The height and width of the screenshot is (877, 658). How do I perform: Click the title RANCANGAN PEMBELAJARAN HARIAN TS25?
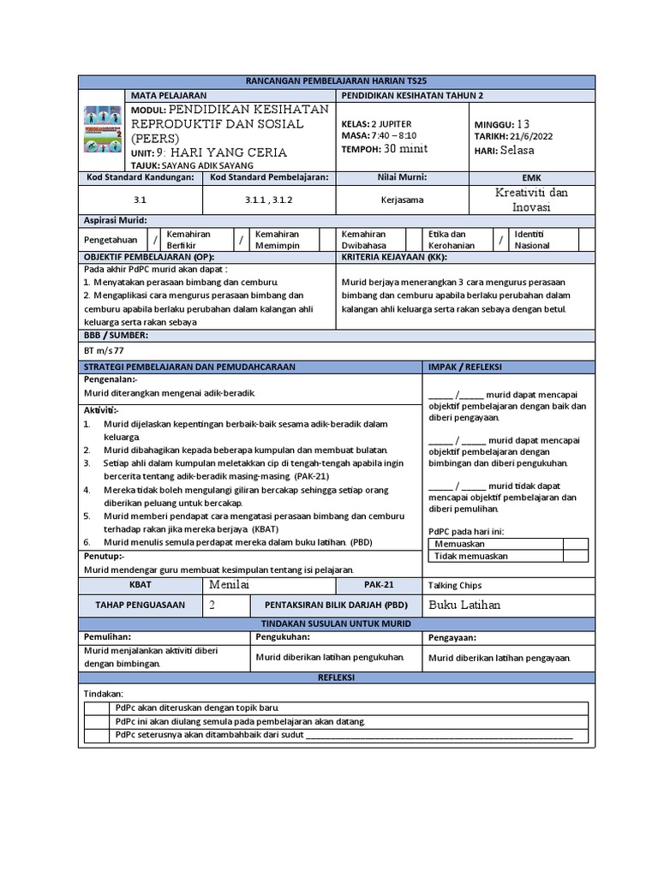329,81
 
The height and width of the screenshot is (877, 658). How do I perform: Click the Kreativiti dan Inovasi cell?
531,200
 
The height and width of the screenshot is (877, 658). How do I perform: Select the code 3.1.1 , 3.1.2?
268,200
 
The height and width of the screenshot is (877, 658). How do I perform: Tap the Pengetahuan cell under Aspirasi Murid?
112,240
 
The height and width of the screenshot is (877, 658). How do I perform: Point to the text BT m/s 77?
105,349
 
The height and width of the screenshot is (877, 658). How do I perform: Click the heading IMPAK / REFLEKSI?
465,367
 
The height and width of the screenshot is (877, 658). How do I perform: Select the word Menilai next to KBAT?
228,584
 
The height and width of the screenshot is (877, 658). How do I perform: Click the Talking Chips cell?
454,586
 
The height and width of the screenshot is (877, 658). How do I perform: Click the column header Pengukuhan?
283,638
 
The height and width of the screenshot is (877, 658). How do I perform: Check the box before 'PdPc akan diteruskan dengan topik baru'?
98,708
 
